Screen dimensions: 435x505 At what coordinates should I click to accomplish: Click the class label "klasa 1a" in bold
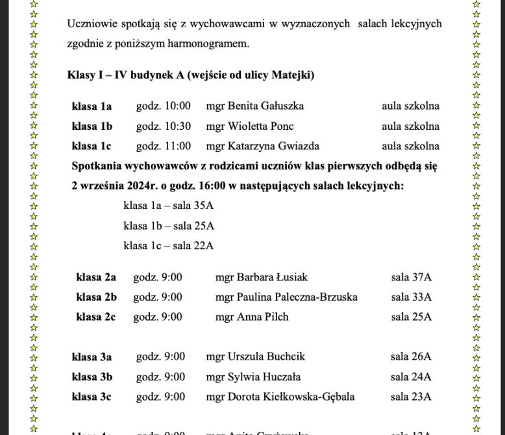tap(92, 106)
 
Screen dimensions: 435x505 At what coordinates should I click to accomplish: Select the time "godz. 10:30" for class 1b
tap(163, 126)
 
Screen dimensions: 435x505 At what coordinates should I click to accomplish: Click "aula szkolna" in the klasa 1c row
tap(410, 146)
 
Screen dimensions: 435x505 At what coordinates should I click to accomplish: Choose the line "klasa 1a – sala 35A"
tap(168, 206)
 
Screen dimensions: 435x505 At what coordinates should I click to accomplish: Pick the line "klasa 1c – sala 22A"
tap(168, 246)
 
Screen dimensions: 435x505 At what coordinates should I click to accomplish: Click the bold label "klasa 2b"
tap(96, 297)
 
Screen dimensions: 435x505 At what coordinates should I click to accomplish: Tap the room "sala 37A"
tap(411, 277)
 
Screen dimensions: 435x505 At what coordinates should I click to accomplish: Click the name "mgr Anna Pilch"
tap(252, 317)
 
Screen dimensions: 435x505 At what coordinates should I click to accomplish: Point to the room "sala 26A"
tap(411, 356)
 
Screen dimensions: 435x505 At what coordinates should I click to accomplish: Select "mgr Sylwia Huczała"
tap(253, 377)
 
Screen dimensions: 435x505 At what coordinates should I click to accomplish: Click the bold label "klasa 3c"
tap(92, 397)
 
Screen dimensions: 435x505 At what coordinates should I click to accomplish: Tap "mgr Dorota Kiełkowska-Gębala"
tap(280, 397)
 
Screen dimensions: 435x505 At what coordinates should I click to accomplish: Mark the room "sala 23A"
tap(411, 397)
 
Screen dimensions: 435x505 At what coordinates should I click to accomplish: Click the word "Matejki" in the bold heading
tap(290, 75)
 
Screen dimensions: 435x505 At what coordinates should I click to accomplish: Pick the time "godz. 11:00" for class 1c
tap(163, 146)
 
